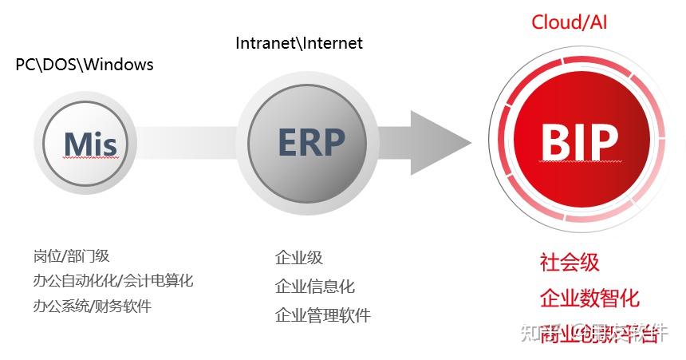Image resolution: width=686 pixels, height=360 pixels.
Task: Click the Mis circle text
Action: click(90, 144)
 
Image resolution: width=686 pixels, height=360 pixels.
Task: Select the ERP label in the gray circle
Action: click(311, 141)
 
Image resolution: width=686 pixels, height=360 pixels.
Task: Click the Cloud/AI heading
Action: click(570, 22)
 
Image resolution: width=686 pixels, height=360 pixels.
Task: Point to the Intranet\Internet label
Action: click(299, 43)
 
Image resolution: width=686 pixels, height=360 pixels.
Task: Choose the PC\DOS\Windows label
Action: click(85, 65)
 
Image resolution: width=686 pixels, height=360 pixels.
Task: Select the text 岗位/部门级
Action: click(72, 256)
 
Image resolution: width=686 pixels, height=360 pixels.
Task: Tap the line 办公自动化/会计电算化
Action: click(113, 281)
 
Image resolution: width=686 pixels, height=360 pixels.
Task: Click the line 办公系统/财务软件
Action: click(93, 306)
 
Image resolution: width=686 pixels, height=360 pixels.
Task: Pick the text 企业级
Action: click(299, 258)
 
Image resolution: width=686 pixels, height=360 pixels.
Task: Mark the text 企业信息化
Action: click(315, 287)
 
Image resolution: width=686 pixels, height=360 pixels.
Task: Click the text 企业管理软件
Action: click(323, 315)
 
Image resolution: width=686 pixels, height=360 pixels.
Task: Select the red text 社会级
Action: click(570, 262)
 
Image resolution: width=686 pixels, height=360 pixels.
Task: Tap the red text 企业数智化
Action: click(589, 299)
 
